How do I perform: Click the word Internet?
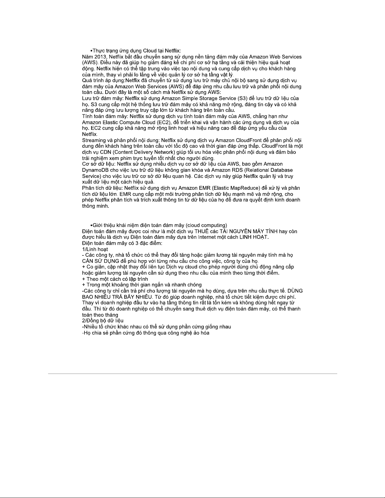[x=207, y=237]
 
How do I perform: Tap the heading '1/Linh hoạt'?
[x=95, y=249]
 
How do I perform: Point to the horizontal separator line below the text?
[x=192, y=374]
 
